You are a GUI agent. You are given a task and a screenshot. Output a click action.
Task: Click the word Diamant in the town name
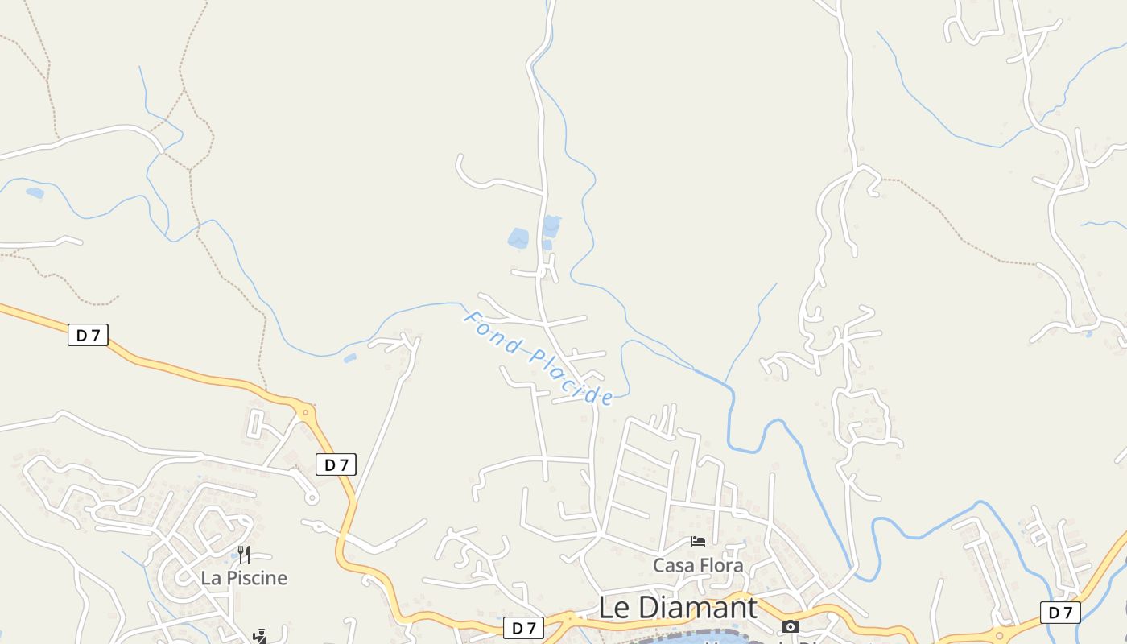[702, 608]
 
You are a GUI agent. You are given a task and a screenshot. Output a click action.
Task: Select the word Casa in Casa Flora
[673, 566]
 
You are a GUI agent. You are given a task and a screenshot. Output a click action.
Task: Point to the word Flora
[720, 566]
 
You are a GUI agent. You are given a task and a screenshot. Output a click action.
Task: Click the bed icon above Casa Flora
[698, 542]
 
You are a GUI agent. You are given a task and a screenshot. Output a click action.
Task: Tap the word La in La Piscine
[211, 578]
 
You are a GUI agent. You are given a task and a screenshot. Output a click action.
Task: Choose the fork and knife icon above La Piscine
[244, 554]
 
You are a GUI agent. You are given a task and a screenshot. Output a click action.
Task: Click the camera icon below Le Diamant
[791, 626]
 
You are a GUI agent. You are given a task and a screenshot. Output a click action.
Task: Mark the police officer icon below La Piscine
[259, 637]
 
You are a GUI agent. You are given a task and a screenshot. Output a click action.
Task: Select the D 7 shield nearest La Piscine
[336, 464]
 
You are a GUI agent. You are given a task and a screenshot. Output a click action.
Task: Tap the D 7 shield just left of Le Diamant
[523, 628]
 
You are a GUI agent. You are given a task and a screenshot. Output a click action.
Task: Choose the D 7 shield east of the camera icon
[1060, 613]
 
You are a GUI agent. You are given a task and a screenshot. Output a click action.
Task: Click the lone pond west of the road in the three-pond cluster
[518, 238]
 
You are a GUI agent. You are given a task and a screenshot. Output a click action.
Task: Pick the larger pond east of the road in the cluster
[551, 225]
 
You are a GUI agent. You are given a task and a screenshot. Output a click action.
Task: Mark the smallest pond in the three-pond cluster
[547, 245]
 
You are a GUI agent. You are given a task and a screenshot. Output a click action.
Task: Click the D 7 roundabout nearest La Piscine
[305, 413]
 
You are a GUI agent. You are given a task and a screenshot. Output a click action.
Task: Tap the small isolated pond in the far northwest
[35, 193]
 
